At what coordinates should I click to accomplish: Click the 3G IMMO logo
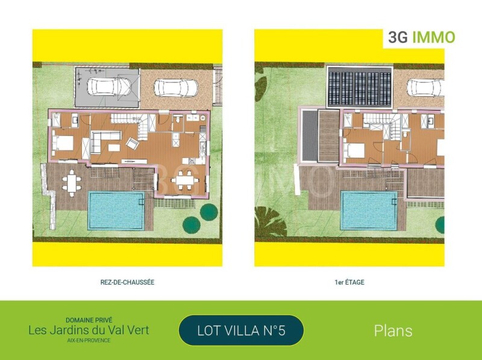point(421,37)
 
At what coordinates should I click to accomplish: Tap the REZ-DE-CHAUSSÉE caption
point(127,282)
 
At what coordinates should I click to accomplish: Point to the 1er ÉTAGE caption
point(349,282)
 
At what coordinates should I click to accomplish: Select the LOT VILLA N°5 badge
point(242,331)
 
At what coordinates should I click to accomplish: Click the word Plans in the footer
point(393,331)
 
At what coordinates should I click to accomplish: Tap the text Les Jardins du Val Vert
point(89,331)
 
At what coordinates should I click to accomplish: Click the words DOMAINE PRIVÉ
point(89,320)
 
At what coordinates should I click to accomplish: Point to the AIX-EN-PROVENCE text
point(89,340)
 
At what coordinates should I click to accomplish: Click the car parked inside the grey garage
point(109,86)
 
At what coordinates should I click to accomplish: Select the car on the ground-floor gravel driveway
point(176,88)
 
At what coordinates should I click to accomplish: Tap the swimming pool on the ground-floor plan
point(116,211)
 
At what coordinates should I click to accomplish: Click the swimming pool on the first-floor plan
point(369,211)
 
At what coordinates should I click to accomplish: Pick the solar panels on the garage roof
point(359,87)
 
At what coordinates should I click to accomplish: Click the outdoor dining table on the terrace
point(71,183)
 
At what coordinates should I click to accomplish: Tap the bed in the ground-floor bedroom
point(63,143)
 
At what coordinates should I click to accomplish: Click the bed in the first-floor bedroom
point(354,151)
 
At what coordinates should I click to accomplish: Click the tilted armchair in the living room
point(133,143)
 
